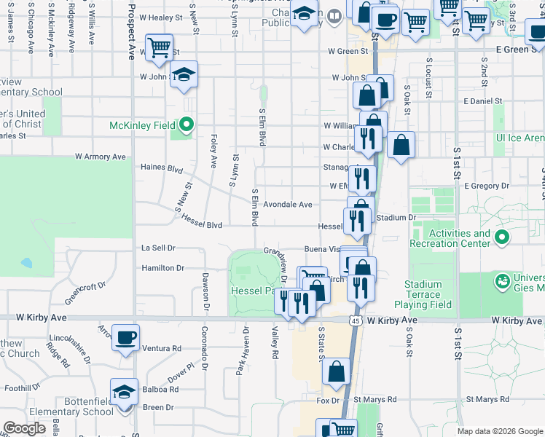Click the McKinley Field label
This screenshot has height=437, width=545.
coord(144,125)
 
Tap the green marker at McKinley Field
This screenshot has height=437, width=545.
coord(187,125)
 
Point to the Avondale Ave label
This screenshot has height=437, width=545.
coord(287,205)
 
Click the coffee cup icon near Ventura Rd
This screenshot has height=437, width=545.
coord(126,337)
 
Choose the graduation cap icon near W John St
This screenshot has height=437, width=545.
coord(184,75)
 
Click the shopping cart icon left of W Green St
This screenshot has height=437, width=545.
coord(159,48)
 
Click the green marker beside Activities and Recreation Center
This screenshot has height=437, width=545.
coord(502,237)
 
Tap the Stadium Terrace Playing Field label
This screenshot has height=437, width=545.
coord(424,294)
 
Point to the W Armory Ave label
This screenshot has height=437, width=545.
coord(100,157)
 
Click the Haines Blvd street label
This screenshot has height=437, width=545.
coord(161,168)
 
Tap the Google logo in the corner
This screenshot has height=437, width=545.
coord(24,428)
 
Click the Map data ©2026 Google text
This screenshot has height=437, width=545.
coord(499,431)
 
